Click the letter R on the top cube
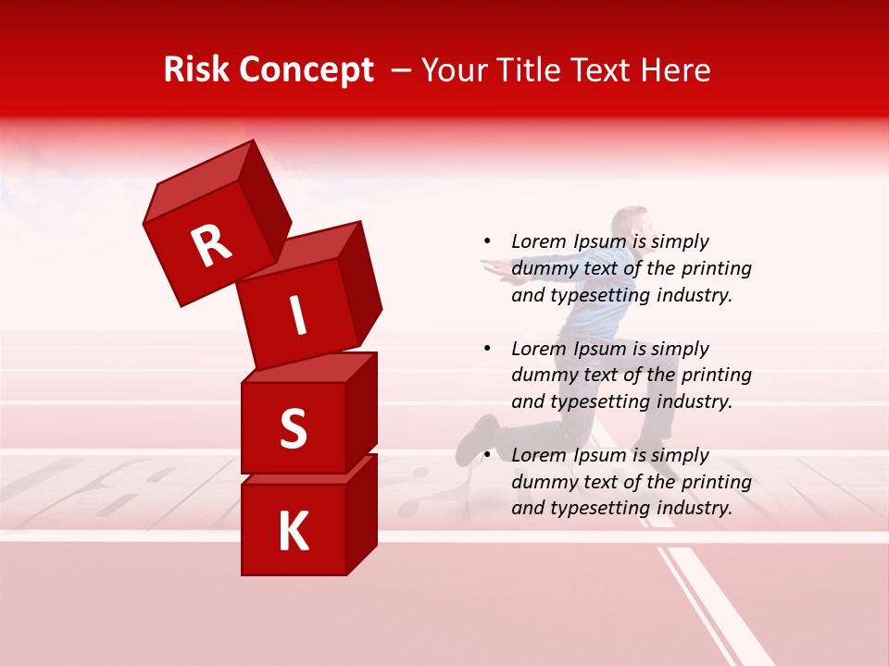(211, 244)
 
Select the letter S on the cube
(293, 428)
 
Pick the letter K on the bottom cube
(293, 532)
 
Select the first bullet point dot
(487, 241)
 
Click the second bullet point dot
(487, 349)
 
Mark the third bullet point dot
(487, 455)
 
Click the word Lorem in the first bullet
(538, 241)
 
